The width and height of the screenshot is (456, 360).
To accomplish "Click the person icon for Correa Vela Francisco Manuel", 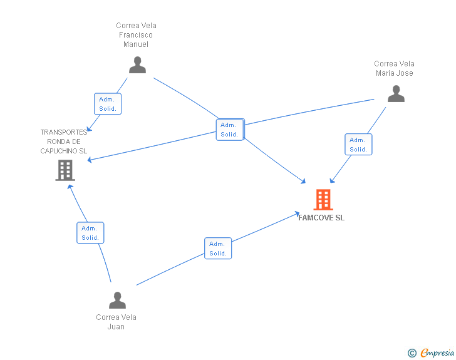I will (x=137, y=65).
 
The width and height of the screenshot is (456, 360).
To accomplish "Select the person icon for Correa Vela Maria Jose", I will (x=396, y=94).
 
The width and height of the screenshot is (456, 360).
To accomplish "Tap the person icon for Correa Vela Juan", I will (x=117, y=301).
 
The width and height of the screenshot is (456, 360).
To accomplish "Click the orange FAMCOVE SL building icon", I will (x=323, y=200).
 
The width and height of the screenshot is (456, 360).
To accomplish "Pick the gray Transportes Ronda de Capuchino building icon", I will (x=65, y=170).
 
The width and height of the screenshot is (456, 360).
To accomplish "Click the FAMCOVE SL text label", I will (x=321, y=218).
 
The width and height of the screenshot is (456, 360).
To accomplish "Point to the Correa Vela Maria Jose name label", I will (x=394, y=68).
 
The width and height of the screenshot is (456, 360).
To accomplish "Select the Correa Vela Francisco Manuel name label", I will (x=136, y=35).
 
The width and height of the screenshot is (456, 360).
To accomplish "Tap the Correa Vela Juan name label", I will (x=116, y=322).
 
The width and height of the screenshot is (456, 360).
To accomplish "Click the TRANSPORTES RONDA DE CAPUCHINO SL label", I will (x=63, y=141).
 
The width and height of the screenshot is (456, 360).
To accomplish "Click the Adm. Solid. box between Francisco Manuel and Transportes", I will (x=108, y=104).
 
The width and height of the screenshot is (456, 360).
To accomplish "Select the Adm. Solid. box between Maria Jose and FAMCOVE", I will (x=358, y=145).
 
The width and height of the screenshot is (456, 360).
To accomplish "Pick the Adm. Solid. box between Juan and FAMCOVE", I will (x=218, y=249).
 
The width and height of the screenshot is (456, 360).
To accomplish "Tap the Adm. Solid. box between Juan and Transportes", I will (x=90, y=233).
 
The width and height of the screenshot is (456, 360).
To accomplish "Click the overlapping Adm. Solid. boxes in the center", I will (x=229, y=130).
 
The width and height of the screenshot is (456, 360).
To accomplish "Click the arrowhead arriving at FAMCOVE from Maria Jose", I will (x=332, y=181).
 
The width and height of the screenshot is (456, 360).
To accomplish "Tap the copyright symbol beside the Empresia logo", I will (x=412, y=354).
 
